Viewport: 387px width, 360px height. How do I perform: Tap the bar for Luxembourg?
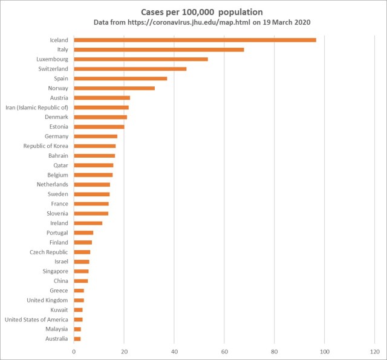[141, 59]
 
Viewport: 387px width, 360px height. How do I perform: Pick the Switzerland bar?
[130, 69]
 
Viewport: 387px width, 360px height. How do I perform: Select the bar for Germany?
[96, 137]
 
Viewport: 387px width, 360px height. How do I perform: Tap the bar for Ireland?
[88, 223]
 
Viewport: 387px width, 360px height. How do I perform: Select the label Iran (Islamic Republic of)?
[37, 108]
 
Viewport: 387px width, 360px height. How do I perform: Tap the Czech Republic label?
[49, 252]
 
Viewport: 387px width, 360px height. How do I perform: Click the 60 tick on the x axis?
[224, 351]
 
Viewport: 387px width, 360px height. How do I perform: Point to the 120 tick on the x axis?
[374, 351]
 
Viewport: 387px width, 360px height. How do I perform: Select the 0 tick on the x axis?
[74, 351]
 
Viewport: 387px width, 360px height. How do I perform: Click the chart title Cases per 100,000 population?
[193, 11]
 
